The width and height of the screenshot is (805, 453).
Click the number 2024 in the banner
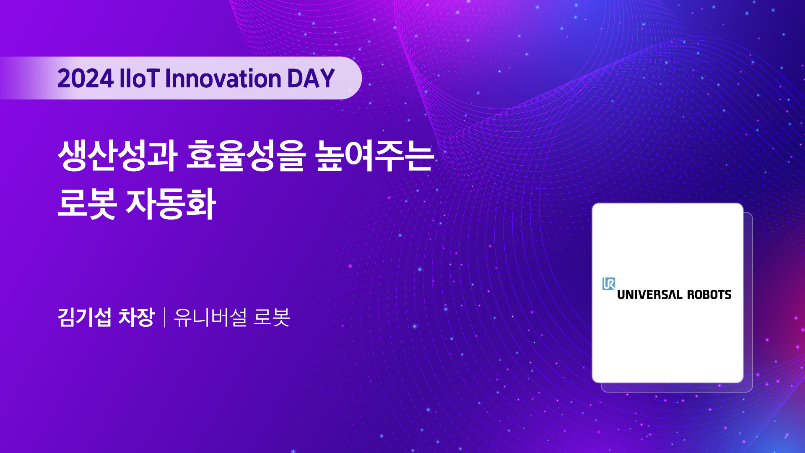[86, 78]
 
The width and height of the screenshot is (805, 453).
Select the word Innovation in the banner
[223, 78]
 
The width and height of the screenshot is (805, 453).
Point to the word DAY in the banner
[311, 78]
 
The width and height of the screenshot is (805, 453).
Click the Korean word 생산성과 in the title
[118, 156]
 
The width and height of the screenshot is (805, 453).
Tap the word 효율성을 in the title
[245, 156]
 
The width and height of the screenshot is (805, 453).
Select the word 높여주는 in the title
[374, 156]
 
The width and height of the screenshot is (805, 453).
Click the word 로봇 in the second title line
[87, 204]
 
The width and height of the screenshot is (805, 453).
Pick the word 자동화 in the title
[171, 204]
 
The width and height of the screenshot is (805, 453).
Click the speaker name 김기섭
[84, 317]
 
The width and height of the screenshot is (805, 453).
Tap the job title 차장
[137, 317]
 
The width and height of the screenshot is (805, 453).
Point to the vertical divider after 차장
[164, 317]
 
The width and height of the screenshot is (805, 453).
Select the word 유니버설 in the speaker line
[210, 317]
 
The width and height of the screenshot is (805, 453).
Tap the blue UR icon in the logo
[608, 284]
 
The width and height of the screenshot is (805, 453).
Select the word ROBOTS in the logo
[709, 295]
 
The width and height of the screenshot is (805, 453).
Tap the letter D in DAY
[295, 78]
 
